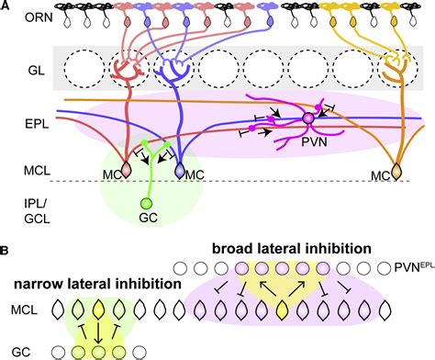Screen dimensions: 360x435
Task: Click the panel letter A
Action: tap(6, 5)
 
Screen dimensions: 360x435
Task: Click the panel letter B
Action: tap(6, 248)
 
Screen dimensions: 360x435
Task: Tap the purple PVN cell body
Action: tap(309, 118)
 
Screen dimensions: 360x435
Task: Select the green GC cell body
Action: tap(143, 203)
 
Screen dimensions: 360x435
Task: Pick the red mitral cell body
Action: tap(120, 169)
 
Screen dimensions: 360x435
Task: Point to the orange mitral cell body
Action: tap(397, 171)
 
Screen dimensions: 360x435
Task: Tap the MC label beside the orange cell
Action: tap(375, 174)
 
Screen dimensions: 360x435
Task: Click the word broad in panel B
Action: tap(240, 249)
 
